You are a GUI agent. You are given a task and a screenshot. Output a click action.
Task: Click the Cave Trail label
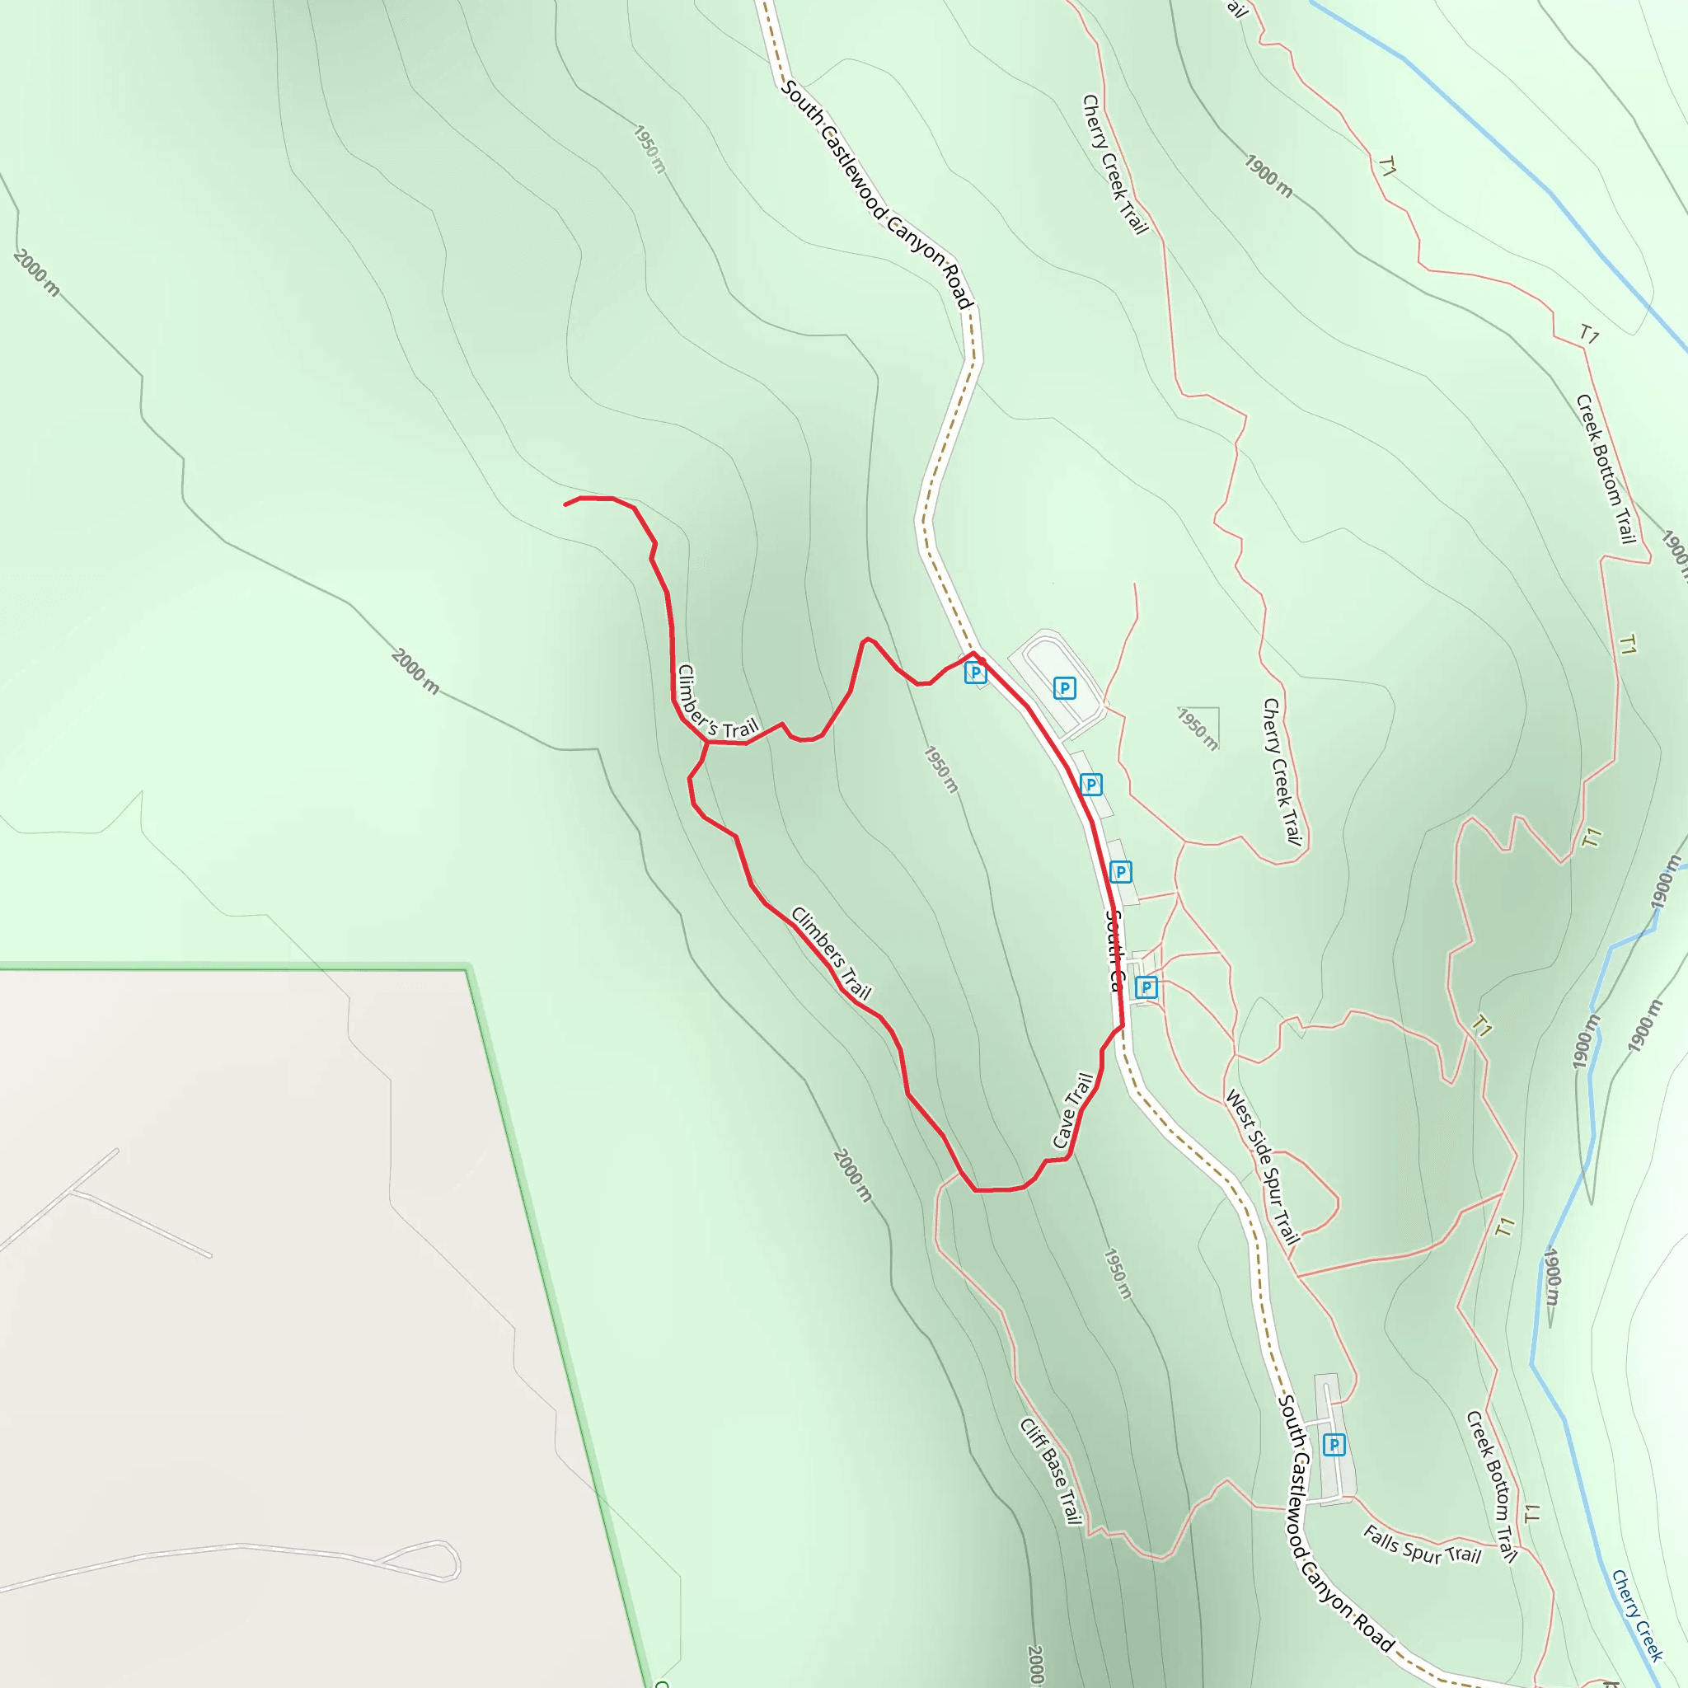pyautogui.click(x=1073, y=1109)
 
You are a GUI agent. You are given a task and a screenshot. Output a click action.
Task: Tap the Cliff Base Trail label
pyautogui.click(x=1051, y=1470)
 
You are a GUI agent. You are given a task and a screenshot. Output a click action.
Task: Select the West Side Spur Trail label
pyautogui.click(x=1264, y=1165)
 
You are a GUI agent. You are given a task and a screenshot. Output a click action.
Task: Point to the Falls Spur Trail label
pyautogui.click(x=1423, y=1545)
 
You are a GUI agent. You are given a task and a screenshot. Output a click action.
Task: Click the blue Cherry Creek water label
pyautogui.click(x=1635, y=1615)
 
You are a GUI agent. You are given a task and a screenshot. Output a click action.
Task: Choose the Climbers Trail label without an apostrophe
pyautogui.click(x=831, y=952)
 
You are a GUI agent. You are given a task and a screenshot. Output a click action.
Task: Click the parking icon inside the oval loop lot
pyautogui.click(x=1063, y=687)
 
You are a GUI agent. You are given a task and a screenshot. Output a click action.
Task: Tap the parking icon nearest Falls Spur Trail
pyautogui.click(x=1334, y=1445)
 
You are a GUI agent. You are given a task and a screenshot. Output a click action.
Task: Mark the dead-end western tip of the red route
pyautogui.click(x=565, y=505)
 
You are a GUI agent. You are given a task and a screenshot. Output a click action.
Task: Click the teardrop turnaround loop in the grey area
pyautogui.click(x=437, y=1560)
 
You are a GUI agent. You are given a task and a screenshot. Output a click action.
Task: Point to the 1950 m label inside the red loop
pyautogui.click(x=941, y=770)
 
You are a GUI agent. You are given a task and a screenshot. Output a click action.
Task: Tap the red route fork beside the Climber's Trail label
pyautogui.click(x=707, y=742)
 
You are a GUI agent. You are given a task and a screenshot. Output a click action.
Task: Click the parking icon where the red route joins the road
pyautogui.click(x=975, y=672)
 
